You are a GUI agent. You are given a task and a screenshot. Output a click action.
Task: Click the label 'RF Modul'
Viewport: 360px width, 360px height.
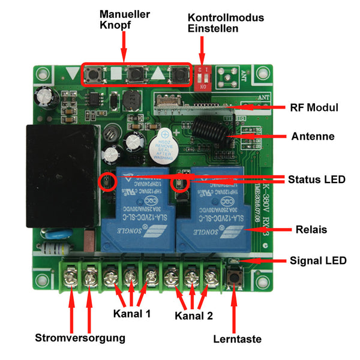pos(314,108)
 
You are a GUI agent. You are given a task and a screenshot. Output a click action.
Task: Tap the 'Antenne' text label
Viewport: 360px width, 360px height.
pos(313,137)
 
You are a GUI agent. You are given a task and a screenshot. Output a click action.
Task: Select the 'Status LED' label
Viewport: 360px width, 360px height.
pos(317,179)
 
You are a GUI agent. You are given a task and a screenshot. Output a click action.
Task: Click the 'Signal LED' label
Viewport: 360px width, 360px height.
pos(318,260)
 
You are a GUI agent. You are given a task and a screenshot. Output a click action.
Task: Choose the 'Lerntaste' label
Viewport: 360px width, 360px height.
pos(237,339)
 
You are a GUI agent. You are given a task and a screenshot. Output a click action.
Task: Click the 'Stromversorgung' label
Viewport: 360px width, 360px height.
pos(80,338)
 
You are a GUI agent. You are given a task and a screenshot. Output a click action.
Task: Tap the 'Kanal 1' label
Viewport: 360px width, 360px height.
pos(131,314)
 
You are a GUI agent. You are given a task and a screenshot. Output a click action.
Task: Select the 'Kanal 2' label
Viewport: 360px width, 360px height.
pos(194,315)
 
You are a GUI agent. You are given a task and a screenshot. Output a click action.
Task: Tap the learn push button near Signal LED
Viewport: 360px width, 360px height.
pos(233,277)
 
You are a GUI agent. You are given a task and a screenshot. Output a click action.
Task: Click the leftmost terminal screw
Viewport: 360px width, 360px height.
pos(71,278)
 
